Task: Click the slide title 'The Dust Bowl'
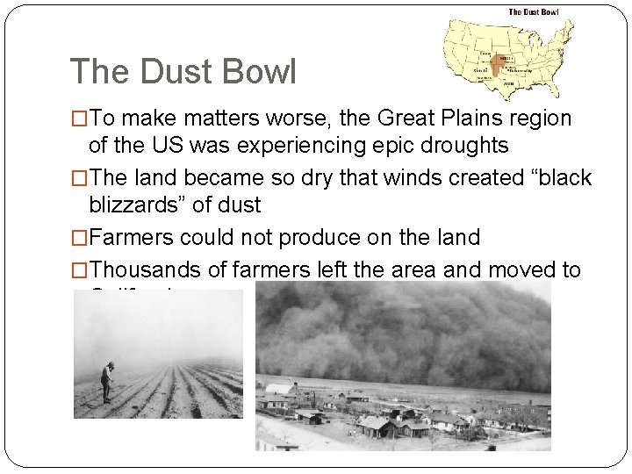(183, 71)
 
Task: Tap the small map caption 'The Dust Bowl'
(533, 12)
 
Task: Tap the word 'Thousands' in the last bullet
(139, 269)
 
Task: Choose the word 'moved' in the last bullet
(525, 269)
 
